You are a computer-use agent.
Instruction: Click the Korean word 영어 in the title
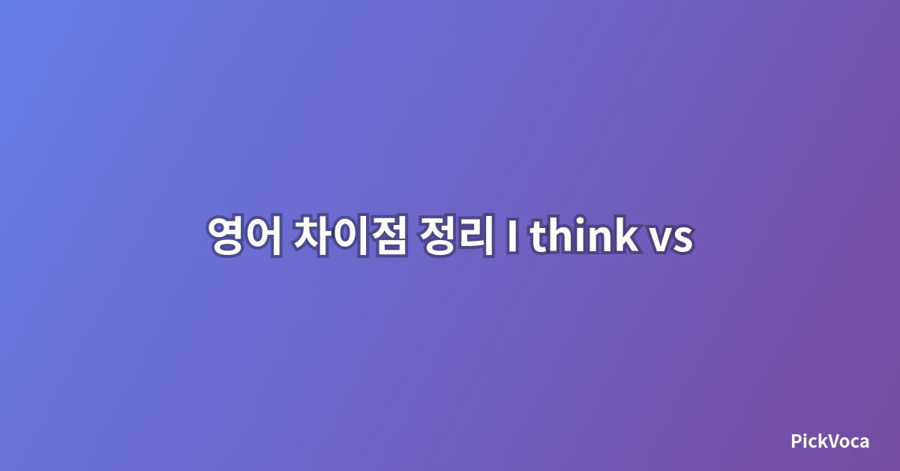(244, 235)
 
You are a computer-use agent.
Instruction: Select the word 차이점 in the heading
(350, 235)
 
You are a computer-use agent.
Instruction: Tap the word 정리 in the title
(456, 235)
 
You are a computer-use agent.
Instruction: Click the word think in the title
(584, 235)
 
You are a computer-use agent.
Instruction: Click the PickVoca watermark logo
(829, 441)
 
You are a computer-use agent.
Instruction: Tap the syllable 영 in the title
(226, 235)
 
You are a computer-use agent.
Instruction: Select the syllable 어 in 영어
(264, 235)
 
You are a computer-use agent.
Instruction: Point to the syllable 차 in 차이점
(311, 235)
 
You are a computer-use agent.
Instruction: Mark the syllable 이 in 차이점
(351, 235)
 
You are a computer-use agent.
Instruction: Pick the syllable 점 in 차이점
(389, 235)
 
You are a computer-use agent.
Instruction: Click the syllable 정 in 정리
(436, 235)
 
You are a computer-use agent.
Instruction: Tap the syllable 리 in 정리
(476, 235)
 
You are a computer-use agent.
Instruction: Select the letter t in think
(538, 237)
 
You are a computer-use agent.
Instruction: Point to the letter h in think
(563, 235)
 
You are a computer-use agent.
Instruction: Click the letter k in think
(625, 235)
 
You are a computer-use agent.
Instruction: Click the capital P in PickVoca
(796, 441)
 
